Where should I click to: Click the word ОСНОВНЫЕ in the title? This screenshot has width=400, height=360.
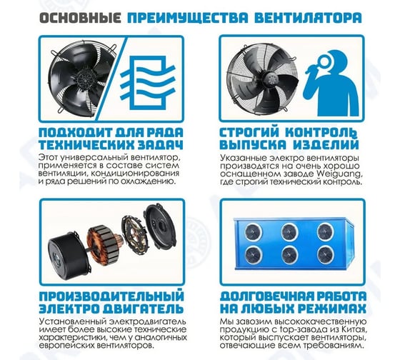(x=80, y=18)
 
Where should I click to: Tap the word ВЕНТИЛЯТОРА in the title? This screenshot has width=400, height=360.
(x=308, y=18)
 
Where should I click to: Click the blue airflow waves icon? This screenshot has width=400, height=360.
(x=148, y=81)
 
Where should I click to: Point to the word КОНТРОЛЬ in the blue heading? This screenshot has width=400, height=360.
(x=321, y=133)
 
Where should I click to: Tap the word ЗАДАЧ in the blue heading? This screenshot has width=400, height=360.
(x=161, y=145)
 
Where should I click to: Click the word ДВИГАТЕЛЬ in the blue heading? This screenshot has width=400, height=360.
(x=143, y=309)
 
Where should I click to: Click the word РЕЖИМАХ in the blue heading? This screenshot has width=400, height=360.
(x=332, y=309)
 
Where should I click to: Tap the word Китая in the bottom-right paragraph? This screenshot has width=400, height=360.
(x=354, y=329)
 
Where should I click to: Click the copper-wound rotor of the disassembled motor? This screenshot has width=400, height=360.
(x=101, y=245)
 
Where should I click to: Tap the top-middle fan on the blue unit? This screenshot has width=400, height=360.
(x=289, y=231)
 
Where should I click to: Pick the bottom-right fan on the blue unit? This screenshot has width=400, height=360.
(x=326, y=254)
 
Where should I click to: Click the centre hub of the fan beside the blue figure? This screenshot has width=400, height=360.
(x=271, y=76)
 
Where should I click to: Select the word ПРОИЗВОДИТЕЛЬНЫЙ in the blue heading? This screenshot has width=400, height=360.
(x=111, y=296)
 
